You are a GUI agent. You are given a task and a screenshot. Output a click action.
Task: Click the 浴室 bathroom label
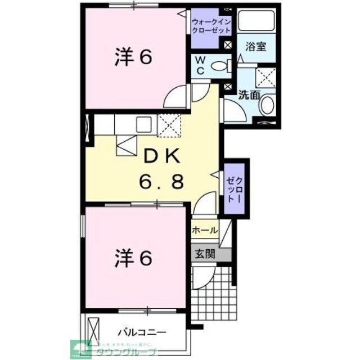click(256, 48)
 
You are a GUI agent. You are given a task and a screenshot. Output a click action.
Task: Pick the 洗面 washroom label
click(248, 96)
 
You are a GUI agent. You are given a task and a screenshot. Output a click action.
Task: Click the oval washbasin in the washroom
click(268, 105)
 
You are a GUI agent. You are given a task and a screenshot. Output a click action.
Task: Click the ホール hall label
click(205, 230)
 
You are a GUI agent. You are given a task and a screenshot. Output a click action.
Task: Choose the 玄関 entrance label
click(205, 254)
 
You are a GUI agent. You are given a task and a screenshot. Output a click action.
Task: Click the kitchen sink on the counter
click(143, 124)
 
